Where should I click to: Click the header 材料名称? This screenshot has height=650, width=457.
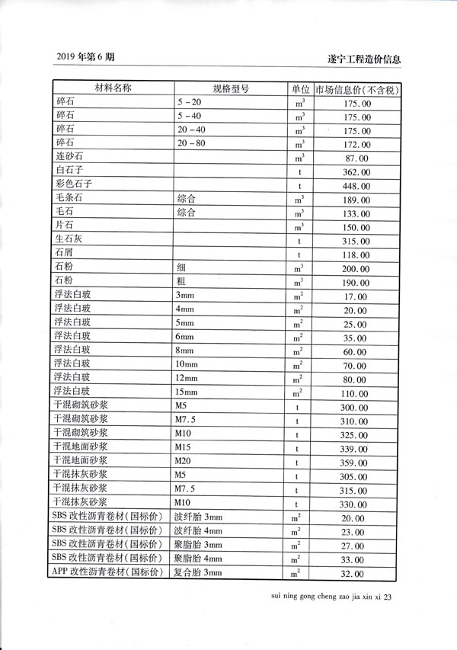[x=112, y=88]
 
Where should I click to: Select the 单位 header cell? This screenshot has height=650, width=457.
[x=299, y=88]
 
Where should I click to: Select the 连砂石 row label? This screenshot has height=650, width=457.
[x=72, y=157]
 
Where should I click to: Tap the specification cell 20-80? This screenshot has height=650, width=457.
[x=190, y=142]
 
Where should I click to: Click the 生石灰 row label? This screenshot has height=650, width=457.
[x=72, y=241]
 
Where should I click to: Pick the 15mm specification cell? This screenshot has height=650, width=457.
[x=187, y=392]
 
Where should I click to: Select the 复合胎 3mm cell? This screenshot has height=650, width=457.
[x=198, y=572]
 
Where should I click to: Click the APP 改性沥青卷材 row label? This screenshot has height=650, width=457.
[x=108, y=572]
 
